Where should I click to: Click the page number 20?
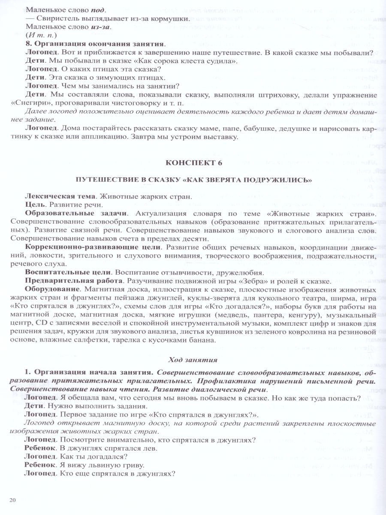pos(12,500)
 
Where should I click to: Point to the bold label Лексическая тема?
pos(60,197)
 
